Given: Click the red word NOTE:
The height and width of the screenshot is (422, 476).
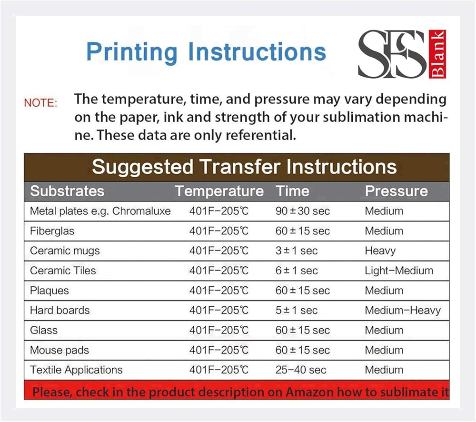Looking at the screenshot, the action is (40, 103).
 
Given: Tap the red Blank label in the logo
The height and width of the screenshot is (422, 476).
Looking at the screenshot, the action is (437, 54).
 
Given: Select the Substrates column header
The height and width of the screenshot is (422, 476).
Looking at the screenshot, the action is (67, 191).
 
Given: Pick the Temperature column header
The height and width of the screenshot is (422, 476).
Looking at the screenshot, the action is (219, 191).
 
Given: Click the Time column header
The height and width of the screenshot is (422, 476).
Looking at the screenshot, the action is (293, 191).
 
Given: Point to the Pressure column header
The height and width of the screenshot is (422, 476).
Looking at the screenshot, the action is (396, 191).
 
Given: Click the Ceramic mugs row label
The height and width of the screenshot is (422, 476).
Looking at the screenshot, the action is (65, 251).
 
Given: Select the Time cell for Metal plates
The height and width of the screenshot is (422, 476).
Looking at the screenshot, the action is (303, 211).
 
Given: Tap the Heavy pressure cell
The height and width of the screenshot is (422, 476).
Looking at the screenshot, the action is (380, 251).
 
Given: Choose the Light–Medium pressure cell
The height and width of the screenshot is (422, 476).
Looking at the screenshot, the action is (399, 271).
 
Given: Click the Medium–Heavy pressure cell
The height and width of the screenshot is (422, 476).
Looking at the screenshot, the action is (403, 310).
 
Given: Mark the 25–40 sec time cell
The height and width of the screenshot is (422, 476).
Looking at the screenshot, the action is (301, 370).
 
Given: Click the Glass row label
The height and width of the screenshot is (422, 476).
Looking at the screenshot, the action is (44, 330).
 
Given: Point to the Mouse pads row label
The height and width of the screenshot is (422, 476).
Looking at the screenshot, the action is (59, 350).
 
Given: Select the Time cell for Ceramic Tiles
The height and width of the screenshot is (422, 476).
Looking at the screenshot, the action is (297, 271).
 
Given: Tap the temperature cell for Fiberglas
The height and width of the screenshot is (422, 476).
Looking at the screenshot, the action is (219, 231).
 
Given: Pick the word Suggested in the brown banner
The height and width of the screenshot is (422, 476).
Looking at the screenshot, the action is (142, 167).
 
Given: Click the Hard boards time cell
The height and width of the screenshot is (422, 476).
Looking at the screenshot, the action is (297, 310).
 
